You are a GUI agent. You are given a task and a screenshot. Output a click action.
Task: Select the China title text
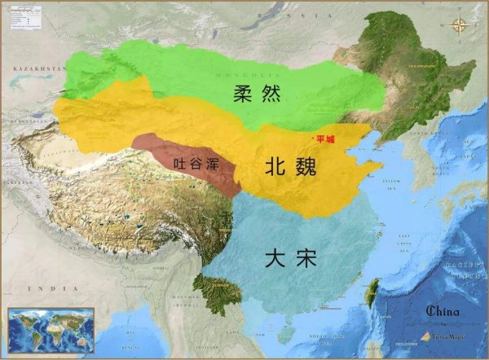pyautogui.click(x=443, y=310)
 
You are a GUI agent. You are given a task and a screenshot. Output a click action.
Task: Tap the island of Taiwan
pyautogui.click(x=377, y=291)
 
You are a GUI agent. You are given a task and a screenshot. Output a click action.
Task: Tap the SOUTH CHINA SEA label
pyautogui.click(x=342, y=342)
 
